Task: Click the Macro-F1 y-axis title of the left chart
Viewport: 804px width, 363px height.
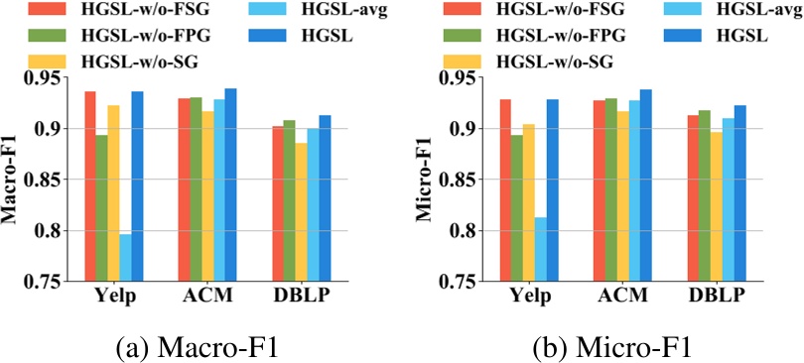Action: [x=12, y=180]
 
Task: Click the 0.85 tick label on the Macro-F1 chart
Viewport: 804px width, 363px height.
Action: [x=45, y=180]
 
